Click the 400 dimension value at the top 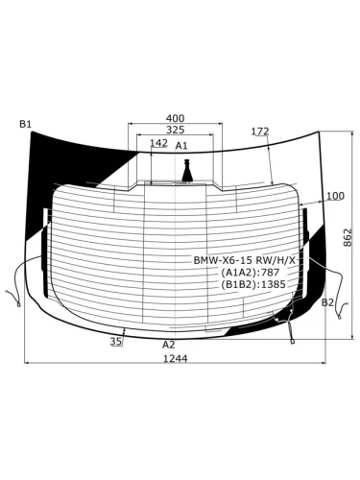point(175,118)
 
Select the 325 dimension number point(175,130)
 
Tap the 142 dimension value point(158,143)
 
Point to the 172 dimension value point(260,132)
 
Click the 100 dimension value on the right point(335,196)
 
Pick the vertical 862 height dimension point(348,237)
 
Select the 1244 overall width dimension point(176,359)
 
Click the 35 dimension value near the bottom point(116,342)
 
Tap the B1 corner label point(25,124)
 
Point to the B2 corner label point(327,302)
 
